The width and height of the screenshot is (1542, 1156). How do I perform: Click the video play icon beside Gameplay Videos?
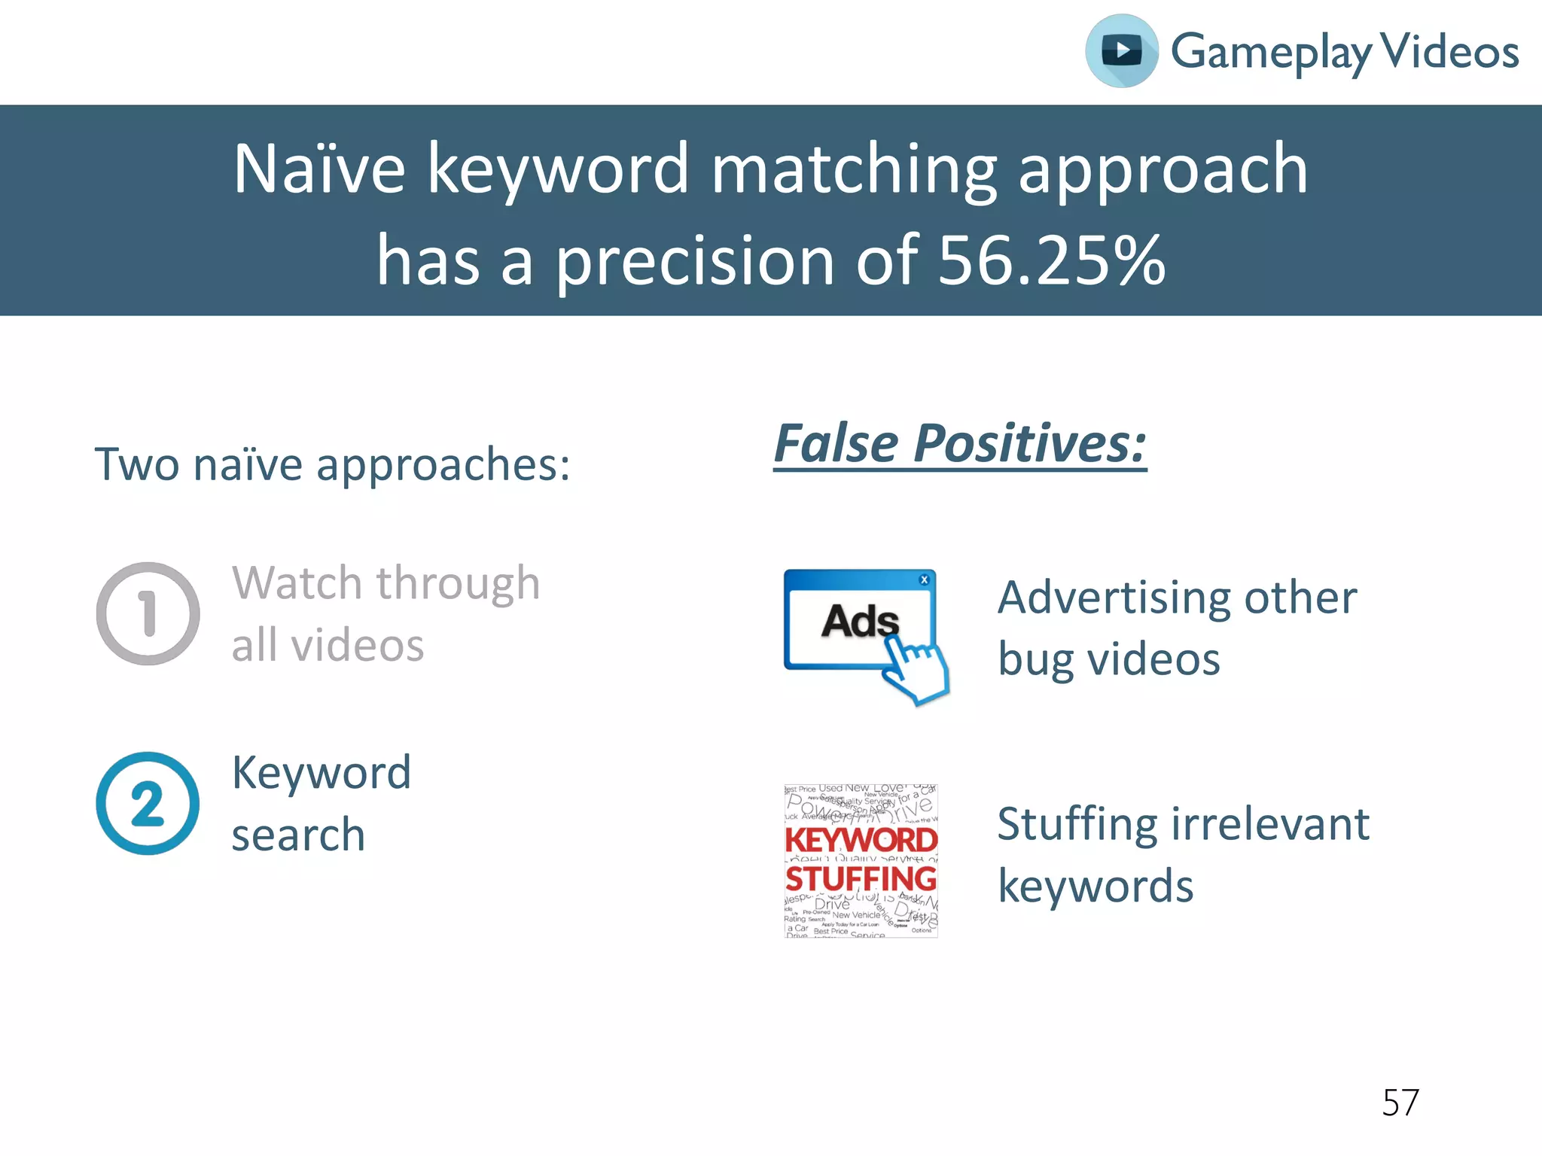[x=1121, y=51]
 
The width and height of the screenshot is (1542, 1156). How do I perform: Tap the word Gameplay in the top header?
[x=1270, y=53]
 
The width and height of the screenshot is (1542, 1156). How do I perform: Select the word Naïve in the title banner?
[x=319, y=169]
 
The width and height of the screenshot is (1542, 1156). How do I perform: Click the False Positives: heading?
[x=960, y=444]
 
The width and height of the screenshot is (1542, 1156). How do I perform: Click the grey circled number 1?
[x=148, y=613]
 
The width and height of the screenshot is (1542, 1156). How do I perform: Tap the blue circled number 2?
[x=148, y=803]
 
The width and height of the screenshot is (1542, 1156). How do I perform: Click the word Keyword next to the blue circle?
[x=322, y=773]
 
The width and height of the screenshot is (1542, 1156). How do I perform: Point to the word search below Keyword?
[x=298, y=835]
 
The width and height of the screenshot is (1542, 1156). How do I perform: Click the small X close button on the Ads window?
[x=924, y=580]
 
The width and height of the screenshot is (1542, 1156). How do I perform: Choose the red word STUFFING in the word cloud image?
[x=861, y=879]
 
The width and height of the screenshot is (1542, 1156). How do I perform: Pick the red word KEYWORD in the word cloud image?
[x=861, y=840]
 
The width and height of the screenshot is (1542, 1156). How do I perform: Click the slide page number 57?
[x=1400, y=1103]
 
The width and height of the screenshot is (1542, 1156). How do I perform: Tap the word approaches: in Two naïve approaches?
[x=443, y=465]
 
